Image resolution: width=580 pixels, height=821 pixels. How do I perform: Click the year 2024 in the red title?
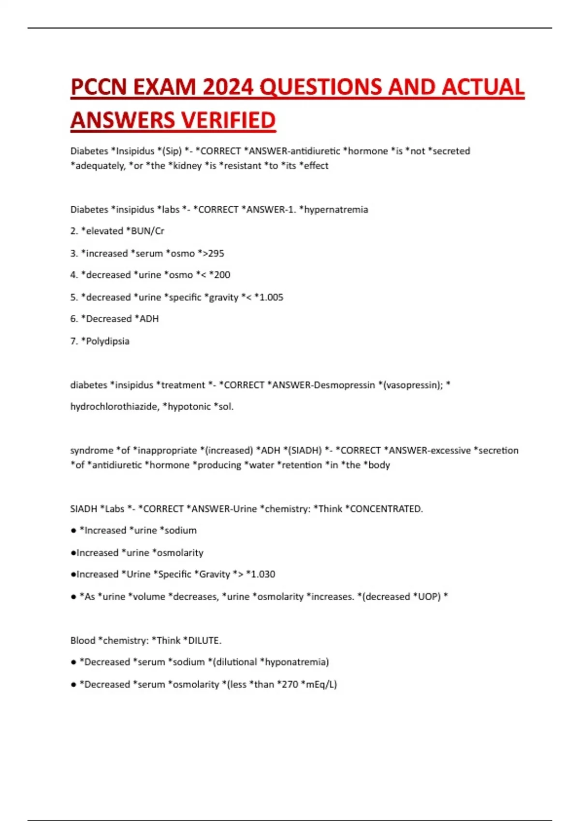228,87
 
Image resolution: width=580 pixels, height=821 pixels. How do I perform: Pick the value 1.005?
271,297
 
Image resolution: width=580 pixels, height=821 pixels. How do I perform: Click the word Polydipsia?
107,341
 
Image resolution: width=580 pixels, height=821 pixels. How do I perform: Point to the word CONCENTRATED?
386,509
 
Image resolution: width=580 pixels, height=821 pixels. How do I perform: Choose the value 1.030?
262,574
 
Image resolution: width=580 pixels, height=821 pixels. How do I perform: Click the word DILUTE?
204,640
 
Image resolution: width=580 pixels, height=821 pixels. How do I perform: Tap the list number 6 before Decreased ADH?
73,319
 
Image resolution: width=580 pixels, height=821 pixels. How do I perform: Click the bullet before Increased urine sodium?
73,530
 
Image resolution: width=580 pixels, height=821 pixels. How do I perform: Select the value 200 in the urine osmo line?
222,275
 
